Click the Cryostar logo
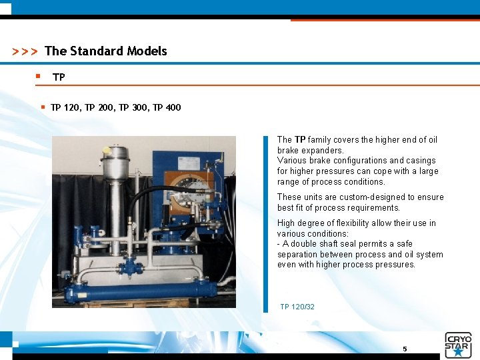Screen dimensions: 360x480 pos(458,344)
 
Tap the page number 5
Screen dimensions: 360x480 pos(404,349)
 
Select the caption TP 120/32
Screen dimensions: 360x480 pos(297,307)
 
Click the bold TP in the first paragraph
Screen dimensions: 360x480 pos(300,140)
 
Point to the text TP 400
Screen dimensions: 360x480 pos(167,107)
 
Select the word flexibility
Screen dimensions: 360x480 pos(360,223)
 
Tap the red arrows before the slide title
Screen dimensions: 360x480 pos(25,52)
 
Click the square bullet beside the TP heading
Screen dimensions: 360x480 pos(39,77)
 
